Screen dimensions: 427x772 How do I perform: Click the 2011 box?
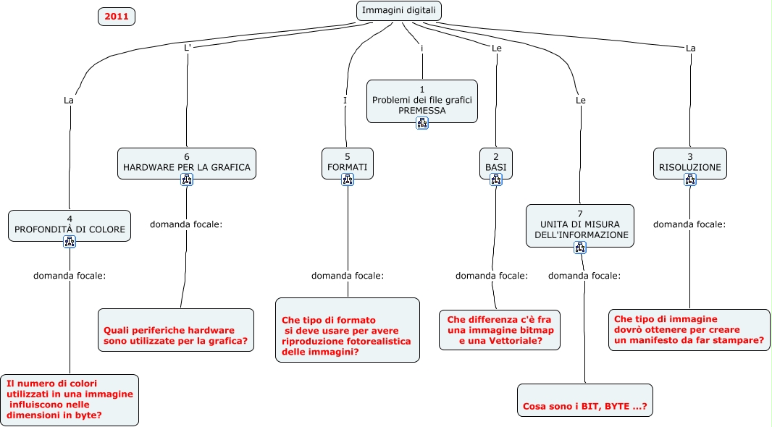[117, 16]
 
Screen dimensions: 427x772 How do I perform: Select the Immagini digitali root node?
[399, 11]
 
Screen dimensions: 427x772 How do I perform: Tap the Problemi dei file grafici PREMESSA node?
[421, 100]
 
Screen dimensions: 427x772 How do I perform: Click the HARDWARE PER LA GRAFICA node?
[186, 162]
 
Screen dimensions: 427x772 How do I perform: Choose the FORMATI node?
[347, 162]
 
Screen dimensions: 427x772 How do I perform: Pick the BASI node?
[496, 162]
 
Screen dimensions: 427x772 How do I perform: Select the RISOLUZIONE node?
[689, 162]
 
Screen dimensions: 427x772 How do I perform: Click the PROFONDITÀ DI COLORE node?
[70, 224]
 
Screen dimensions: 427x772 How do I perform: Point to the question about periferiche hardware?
[176, 330]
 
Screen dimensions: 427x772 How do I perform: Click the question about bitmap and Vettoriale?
[500, 330]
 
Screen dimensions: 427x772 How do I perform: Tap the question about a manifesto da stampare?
[689, 329]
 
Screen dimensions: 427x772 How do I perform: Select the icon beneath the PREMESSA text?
[422, 123]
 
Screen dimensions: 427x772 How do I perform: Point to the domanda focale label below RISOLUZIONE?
[689, 224]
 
